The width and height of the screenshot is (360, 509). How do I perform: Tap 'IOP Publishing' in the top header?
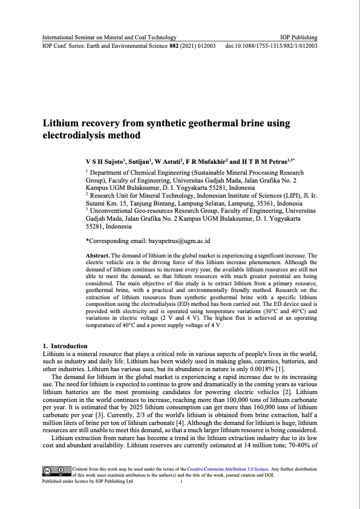point(300,37)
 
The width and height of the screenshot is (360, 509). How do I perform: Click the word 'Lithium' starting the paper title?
point(62,123)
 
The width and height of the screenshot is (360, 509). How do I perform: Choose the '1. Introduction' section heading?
point(62,346)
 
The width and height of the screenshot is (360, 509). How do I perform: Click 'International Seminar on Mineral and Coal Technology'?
point(109,37)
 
